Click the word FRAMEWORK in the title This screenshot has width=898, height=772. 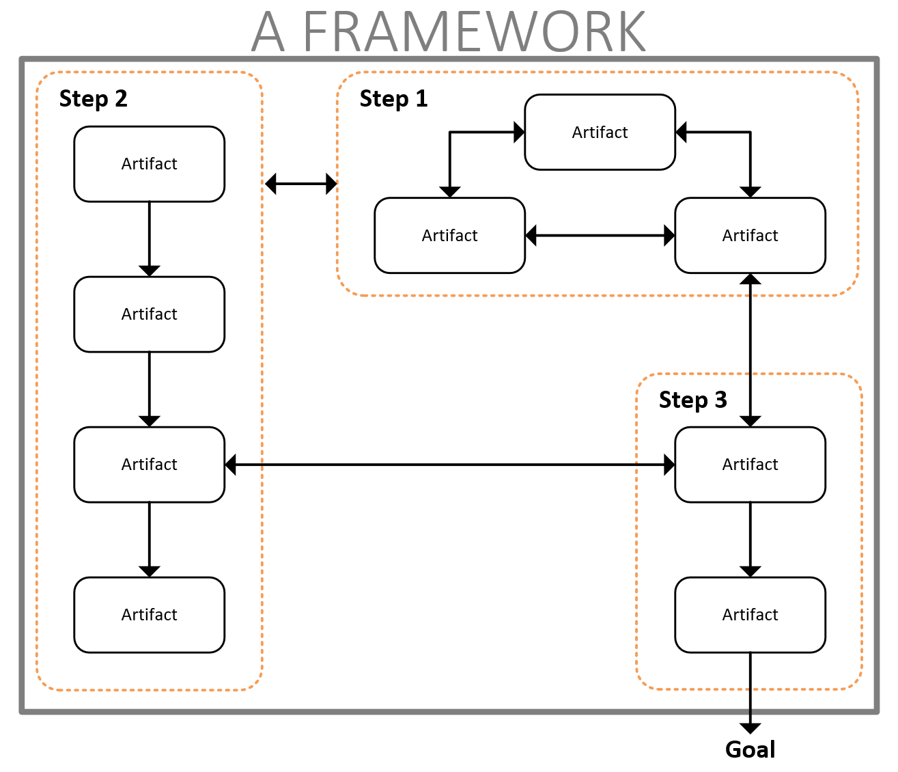point(474,32)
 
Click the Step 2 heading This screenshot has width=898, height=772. point(94,99)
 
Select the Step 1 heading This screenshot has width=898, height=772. point(393,99)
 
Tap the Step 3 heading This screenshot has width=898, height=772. point(692,400)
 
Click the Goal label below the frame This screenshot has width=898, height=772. point(750,749)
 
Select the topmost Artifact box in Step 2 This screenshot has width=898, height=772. point(149,164)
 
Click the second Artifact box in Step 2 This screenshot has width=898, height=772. point(149,314)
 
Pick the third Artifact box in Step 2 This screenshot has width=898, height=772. point(149,465)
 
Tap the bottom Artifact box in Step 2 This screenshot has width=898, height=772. point(149,615)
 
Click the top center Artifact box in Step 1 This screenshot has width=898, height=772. point(600,133)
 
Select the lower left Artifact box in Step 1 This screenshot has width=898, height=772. point(449,236)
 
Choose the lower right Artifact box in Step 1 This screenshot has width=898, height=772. point(750,236)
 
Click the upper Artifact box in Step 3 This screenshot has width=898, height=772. point(750,465)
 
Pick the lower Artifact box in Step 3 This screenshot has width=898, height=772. point(750,615)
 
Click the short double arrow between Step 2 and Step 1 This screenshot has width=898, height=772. point(300,184)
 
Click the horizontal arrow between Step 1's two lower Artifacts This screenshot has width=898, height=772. point(600,236)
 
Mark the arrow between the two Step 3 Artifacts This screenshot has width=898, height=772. point(750,540)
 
